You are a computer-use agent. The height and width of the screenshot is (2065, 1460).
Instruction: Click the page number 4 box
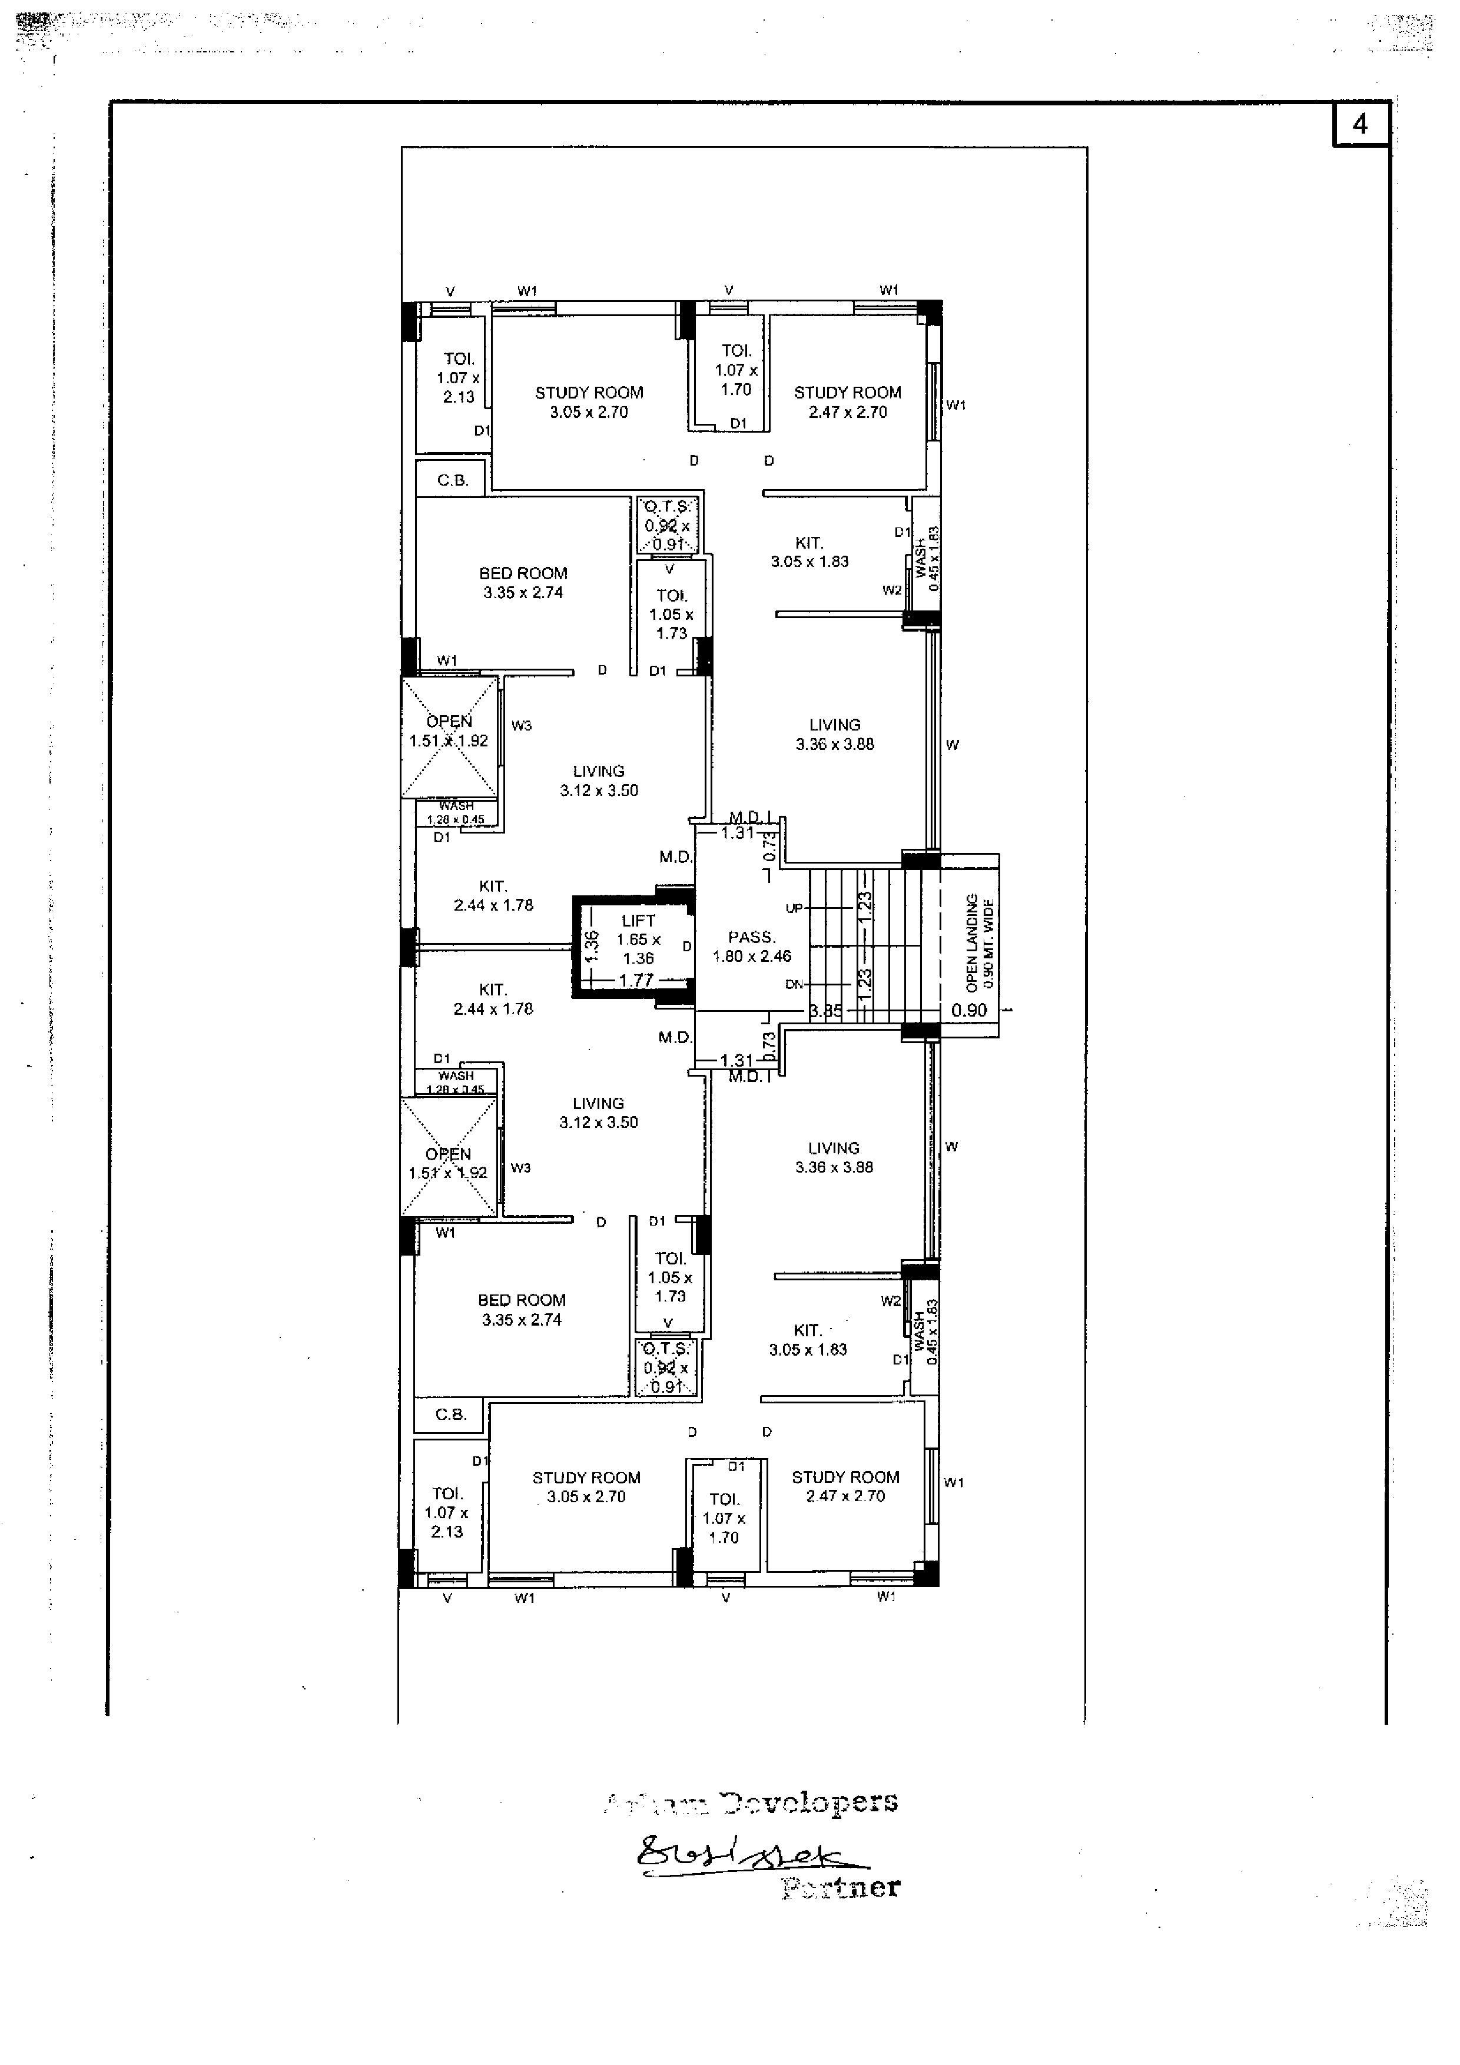tap(1359, 124)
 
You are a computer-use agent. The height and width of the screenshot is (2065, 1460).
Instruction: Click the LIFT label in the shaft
tap(639, 920)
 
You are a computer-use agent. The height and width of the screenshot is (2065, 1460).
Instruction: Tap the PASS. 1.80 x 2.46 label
tap(752, 946)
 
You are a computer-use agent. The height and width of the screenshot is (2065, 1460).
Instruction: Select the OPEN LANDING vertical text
tap(971, 944)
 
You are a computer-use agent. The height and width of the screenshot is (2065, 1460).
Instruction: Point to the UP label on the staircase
tap(794, 908)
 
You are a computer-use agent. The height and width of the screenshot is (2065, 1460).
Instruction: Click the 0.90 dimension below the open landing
tap(969, 1010)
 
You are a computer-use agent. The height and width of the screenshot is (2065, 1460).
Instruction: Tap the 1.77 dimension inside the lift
tap(636, 980)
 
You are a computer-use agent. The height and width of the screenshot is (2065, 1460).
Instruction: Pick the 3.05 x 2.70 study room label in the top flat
tap(589, 403)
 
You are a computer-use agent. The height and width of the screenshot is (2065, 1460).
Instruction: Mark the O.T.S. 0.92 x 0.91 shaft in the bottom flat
tap(666, 1367)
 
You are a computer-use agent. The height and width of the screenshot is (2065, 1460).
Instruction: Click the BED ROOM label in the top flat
tap(523, 573)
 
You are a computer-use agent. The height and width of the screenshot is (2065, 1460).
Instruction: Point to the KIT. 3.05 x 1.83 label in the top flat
tap(809, 552)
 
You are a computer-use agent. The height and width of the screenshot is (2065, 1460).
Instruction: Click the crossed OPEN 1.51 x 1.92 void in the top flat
tap(449, 738)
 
